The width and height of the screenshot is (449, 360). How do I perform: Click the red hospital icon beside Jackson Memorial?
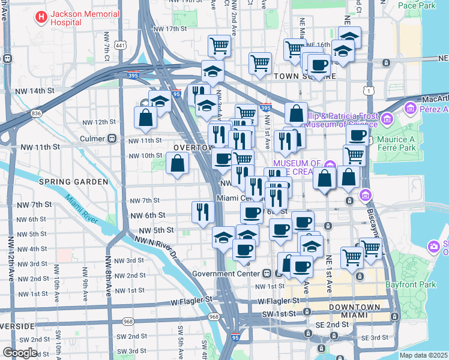[x=41, y=17]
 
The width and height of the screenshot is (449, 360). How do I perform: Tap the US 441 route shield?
[x=121, y=46]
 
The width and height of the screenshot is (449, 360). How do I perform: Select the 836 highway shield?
[x=37, y=113]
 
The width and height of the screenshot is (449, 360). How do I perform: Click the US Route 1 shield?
[x=367, y=90]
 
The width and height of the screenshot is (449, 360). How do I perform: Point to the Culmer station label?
[x=92, y=138]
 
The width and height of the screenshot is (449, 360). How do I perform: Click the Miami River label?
[x=82, y=209]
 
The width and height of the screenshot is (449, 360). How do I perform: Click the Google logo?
[x=20, y=353]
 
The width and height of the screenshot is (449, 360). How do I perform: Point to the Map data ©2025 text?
[x=424, y=355]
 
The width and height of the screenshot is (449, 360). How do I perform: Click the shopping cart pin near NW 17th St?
[x=220, y=45]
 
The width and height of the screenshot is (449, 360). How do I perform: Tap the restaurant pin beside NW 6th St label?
[x=203, y=211]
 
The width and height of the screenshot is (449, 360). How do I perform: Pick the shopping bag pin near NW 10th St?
[x=178, y=163]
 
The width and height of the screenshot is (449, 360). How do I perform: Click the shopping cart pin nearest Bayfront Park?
[x=370, y=247]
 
